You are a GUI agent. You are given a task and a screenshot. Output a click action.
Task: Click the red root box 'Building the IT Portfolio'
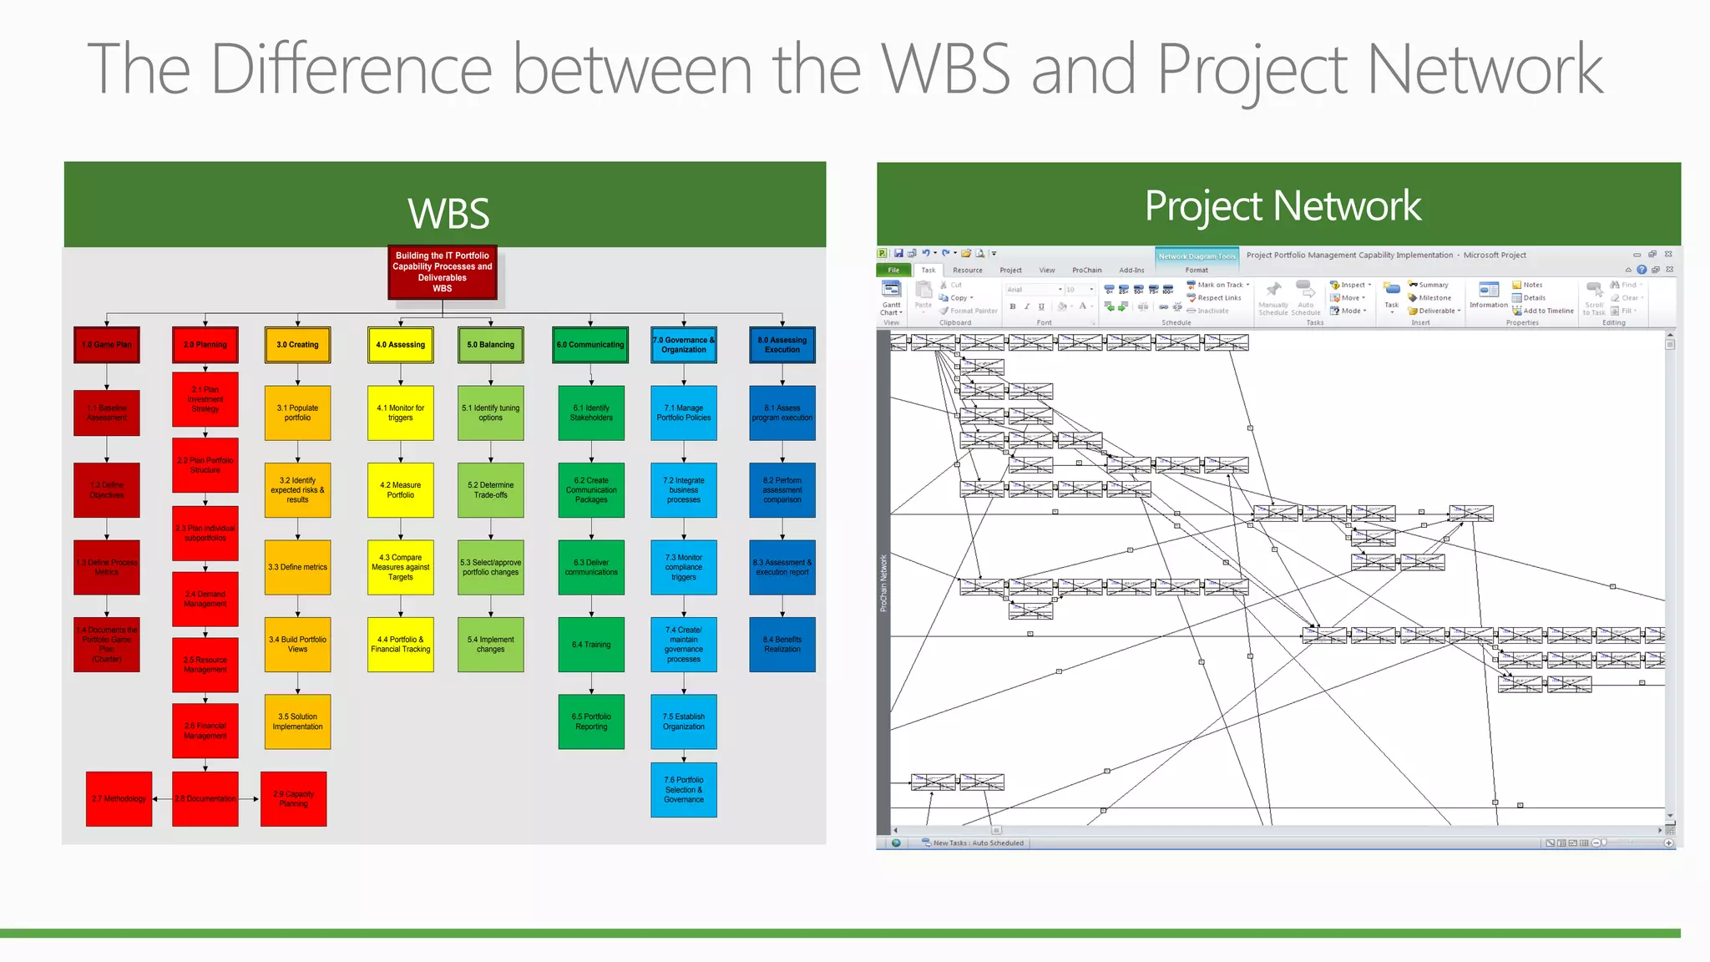click(443, 272)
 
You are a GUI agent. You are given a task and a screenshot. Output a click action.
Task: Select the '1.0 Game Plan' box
click(107, 345)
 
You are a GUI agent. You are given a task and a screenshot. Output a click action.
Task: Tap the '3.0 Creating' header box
click(297, 345)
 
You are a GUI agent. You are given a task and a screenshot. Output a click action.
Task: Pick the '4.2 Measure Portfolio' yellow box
click(401, 490)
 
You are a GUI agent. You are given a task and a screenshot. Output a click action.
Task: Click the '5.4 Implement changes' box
click(491, 645)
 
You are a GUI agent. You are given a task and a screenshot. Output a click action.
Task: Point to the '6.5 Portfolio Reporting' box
click(591, 721)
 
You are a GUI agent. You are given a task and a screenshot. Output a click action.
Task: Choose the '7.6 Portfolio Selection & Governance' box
click(684, 790)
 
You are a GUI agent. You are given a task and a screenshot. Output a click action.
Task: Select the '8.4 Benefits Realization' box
click(782, 645)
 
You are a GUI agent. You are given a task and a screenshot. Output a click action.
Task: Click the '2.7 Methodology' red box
click(119, 799)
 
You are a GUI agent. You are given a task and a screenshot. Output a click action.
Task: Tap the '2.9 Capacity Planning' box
click(294, 799)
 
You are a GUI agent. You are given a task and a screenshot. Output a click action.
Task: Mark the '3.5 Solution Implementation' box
click(297, 721)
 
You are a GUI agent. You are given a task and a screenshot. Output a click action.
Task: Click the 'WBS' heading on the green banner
click(448, 214)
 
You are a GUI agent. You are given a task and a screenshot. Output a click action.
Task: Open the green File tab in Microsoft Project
click(893, 271)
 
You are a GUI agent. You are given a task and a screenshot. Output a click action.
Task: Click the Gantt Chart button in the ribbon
click(892, 298)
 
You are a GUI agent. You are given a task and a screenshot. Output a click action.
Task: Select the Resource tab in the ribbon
click(968, 271)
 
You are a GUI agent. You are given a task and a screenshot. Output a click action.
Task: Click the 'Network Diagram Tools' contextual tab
click(1196, 256)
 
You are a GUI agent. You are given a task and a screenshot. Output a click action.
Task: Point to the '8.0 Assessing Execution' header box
click(782, 345)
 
